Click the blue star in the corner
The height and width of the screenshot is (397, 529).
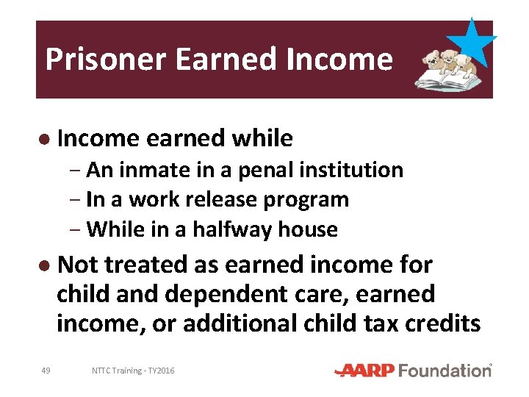(470, 43)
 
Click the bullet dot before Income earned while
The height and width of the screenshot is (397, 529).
(45, 139)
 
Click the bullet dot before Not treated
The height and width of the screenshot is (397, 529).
(45, 265)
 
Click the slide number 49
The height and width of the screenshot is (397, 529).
(46, 371)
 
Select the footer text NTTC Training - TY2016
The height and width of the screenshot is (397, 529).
(133, 371)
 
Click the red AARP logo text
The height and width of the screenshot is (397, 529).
(367, 371)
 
